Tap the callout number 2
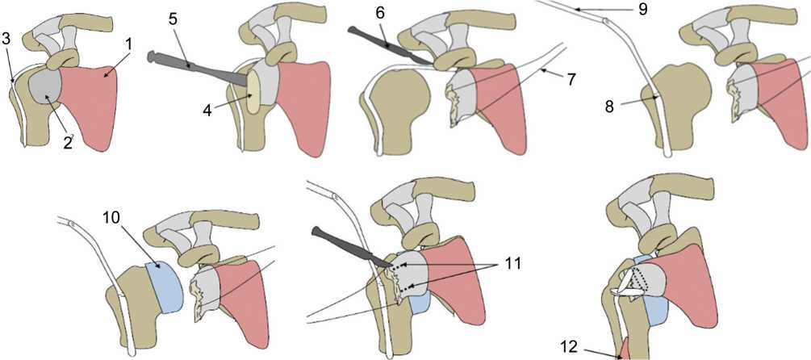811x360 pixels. point(68,144)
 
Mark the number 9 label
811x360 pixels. point(643,9)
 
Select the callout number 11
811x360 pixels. point(512,263)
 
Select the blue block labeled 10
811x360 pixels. point(167,286)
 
